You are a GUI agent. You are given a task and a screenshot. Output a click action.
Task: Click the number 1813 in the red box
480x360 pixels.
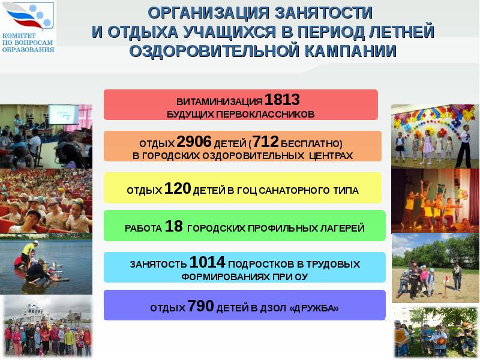282,100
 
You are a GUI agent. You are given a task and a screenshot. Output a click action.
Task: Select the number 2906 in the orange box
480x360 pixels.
194,142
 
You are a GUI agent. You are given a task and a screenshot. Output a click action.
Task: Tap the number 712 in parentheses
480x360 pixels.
266,142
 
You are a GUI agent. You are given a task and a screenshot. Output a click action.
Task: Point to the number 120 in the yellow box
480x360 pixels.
177,189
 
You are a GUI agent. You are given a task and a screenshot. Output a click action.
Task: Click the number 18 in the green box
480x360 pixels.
173,227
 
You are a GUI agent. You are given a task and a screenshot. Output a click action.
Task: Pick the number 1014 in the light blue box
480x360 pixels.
207,262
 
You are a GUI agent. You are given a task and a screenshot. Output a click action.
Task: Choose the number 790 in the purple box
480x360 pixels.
200,307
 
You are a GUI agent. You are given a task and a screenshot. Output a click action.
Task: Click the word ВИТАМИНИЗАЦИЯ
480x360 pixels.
220,101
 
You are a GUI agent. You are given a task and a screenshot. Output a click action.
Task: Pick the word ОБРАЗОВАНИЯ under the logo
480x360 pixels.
28,49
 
